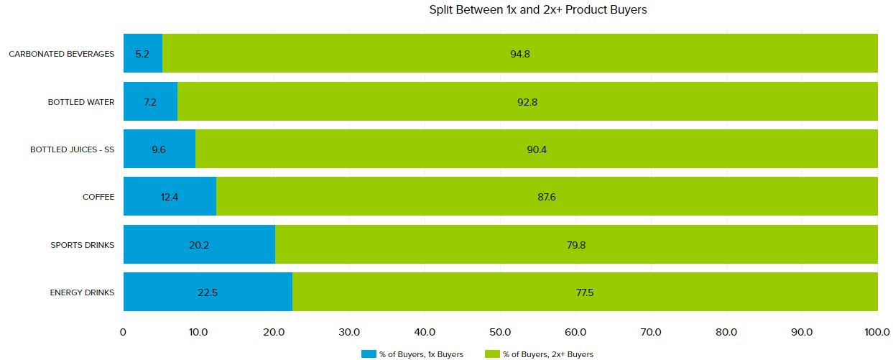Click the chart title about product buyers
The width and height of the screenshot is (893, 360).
(538, 10)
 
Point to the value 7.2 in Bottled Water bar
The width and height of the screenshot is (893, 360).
(150, 102)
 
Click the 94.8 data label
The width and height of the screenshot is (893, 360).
(520, 54)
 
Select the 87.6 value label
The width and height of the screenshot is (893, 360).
(546, 197)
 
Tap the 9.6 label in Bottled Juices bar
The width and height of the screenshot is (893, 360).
(159, 149)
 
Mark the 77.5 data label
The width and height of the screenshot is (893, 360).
(585, 292)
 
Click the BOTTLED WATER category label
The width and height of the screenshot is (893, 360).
(81, 102)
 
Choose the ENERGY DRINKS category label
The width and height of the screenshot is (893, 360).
(82, 292)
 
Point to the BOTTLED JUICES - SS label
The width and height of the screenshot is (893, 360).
(72, 149)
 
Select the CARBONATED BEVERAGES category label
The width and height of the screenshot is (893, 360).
(62, 54)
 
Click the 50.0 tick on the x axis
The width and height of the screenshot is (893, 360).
(500, 332)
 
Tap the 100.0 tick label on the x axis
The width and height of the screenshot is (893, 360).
(876, 332)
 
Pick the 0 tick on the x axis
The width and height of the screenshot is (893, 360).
(124, 332)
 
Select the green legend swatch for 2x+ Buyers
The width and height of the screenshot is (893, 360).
(492, 354)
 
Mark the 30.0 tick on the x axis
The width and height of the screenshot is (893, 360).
(349, 332)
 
